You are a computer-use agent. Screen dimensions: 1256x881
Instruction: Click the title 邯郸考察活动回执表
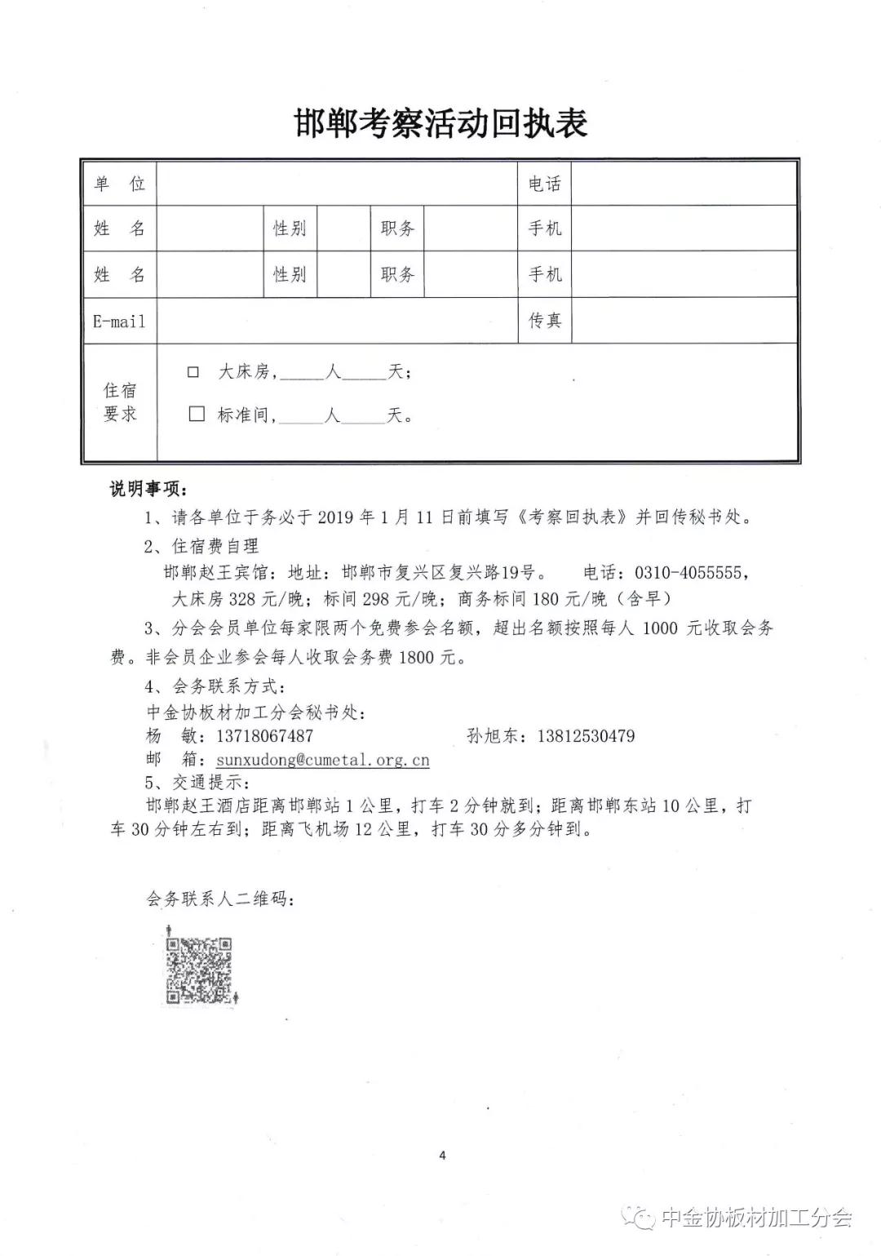point(440,125)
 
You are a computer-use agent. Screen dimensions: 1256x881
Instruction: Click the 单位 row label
point(119,184)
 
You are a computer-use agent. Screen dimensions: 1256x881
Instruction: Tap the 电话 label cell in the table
point(544,184)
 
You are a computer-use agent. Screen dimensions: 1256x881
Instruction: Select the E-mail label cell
point(119,321)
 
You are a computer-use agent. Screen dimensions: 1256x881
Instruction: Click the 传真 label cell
point(544,321)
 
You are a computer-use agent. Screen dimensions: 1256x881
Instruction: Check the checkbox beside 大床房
point(193,372)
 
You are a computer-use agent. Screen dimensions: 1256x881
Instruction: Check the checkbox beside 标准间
point(196,415)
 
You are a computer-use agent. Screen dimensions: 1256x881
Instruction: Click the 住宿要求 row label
point(119,402)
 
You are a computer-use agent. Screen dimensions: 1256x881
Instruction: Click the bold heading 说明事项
point(148,489)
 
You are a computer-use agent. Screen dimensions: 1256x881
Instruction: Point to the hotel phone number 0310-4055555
point(687,572)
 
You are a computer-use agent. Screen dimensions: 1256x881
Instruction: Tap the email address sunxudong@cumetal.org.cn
point(322,760)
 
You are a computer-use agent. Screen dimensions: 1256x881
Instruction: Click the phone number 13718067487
point(264,735)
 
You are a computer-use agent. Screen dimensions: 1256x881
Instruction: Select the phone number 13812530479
point(585,735)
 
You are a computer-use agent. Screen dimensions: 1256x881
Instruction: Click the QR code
point(199,970)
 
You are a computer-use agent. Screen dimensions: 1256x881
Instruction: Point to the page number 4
point(442,1155)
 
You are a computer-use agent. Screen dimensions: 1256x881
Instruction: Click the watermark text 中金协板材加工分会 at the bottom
point(755,1218)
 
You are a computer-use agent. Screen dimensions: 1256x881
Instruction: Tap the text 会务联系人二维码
point(219,899)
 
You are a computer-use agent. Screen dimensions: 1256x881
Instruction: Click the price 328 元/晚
point(264,599)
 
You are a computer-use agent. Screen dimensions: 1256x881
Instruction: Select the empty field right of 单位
point(337,184)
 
